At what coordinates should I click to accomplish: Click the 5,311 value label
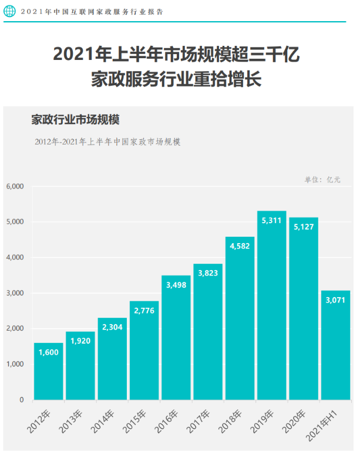tap(272, 221)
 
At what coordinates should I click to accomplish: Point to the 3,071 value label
tap(335, 301)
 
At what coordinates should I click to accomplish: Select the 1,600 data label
tap(49, 353)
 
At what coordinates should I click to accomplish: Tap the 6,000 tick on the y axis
tap(14, 186)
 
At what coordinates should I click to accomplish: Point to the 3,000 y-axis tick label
tap(14, 293)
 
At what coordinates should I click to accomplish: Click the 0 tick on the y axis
tap(21, 400)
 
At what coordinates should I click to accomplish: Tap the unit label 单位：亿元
tap(322, 180)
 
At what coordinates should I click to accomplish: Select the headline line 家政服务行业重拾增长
tap(176, 79)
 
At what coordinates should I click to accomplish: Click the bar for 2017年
tap(208, 332)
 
